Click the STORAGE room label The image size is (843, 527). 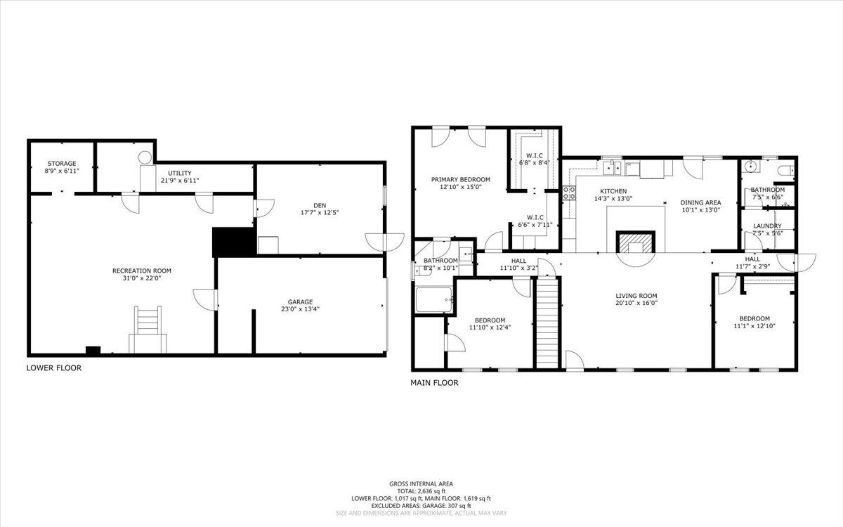tap(62, 163)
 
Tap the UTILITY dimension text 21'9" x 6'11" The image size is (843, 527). tap(179, 181)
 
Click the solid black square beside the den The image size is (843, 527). tap(233, 242)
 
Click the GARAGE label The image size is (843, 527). tap(300, 301)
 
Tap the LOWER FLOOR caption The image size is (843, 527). tap(53, 367)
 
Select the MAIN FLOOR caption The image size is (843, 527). tap(434, 383)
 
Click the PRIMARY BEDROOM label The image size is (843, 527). tap(460, 179)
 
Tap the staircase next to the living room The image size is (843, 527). tap(547, 321)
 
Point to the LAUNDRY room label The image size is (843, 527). tap(766, 226)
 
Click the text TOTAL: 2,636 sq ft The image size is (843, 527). tap(421, 491)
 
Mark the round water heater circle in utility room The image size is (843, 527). tap(145, 157)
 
